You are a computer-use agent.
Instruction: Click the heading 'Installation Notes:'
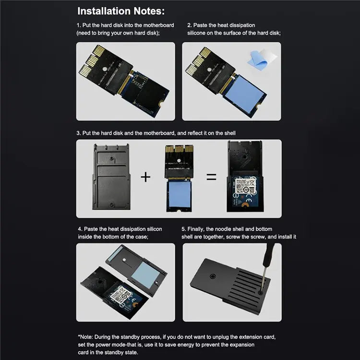(x=120, y=11)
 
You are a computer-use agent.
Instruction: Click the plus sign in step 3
(x=145, y=177)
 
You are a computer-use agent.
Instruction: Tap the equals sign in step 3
(x=211, y=177)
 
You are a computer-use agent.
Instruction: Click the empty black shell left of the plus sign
(x=110, y=177)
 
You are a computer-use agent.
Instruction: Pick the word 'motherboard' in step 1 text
(x=157, y=25)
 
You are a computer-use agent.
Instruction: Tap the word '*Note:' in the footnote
(x=86, y=337)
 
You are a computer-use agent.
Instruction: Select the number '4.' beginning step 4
(x=80, y=229)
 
